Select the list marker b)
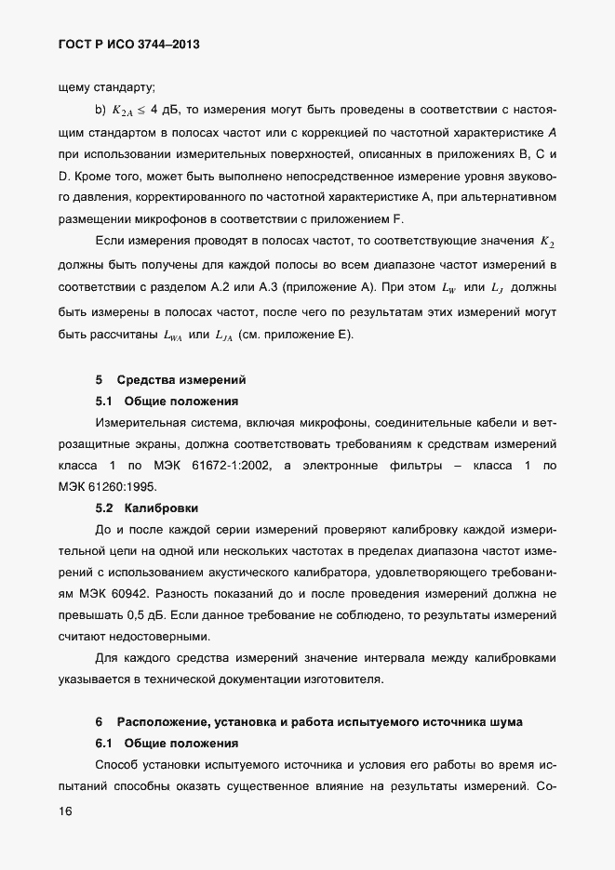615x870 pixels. coord(101,111)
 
